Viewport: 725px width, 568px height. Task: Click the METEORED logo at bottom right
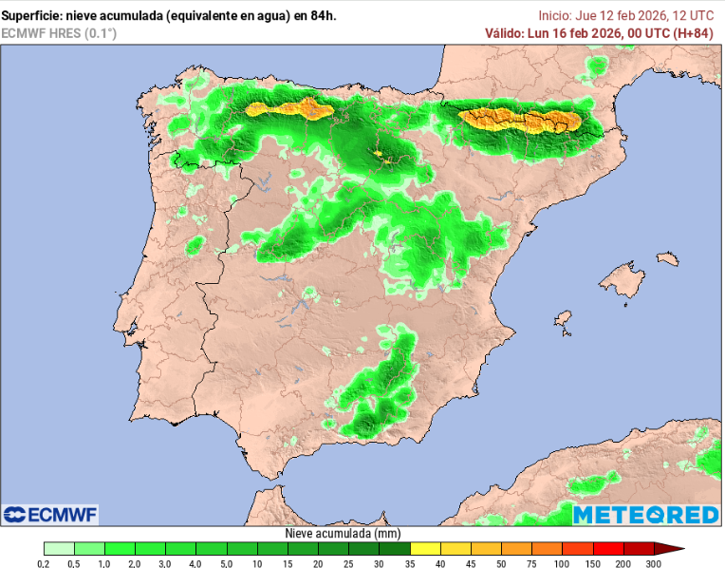[645, 514]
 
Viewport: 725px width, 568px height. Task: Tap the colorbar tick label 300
[653, 563]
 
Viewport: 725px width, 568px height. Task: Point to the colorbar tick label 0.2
[44, 563]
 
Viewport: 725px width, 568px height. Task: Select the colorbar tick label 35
[410, 563]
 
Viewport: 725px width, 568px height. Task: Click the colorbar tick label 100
[562, 563]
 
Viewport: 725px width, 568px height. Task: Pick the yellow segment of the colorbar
[425, 548]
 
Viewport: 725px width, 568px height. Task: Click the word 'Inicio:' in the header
[555, 15]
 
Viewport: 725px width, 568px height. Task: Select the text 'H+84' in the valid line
[692, 33]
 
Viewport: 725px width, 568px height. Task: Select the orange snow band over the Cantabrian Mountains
[289, 109]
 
